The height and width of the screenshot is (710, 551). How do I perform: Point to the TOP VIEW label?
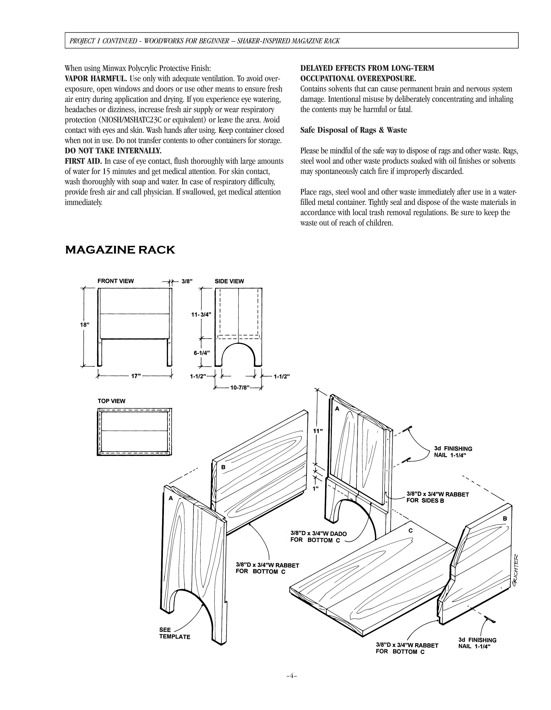click(111, 401)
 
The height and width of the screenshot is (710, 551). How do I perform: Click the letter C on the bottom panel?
click(411, 531)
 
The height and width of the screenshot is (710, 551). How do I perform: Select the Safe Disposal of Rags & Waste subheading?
click(354, 130)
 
